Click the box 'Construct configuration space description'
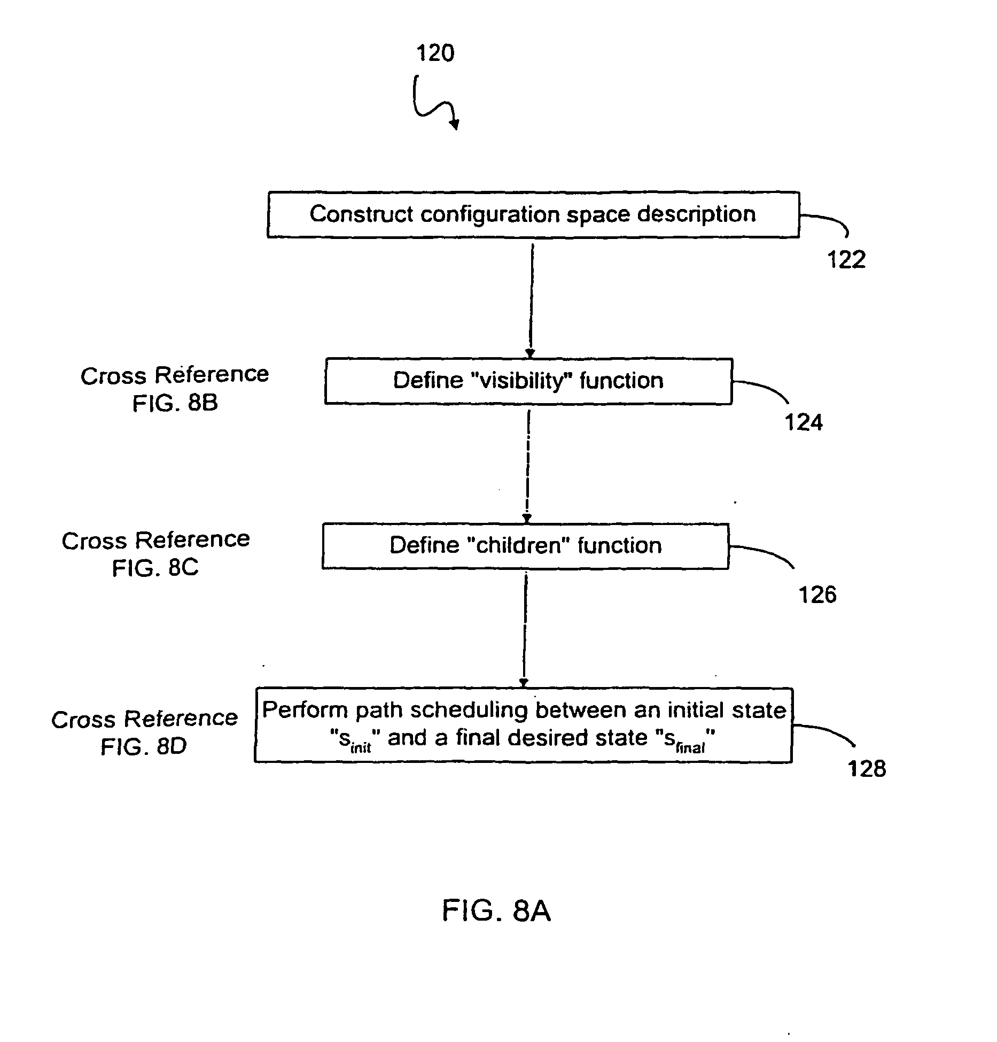pos(533,214)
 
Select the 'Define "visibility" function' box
pos(528,381)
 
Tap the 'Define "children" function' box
pos(525,546)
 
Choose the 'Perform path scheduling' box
pos(523,724)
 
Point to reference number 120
pos(435,53)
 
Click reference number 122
pos(846,260)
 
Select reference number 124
pos(803,423)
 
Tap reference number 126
pos(817,595)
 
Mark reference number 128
pos(867,768)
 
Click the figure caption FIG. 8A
pos(496,911)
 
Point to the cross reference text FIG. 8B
pos(175,403)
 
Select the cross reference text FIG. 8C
pos(155,568)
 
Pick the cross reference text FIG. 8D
pos(144,746)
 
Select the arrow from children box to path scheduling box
pos(525,629)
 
